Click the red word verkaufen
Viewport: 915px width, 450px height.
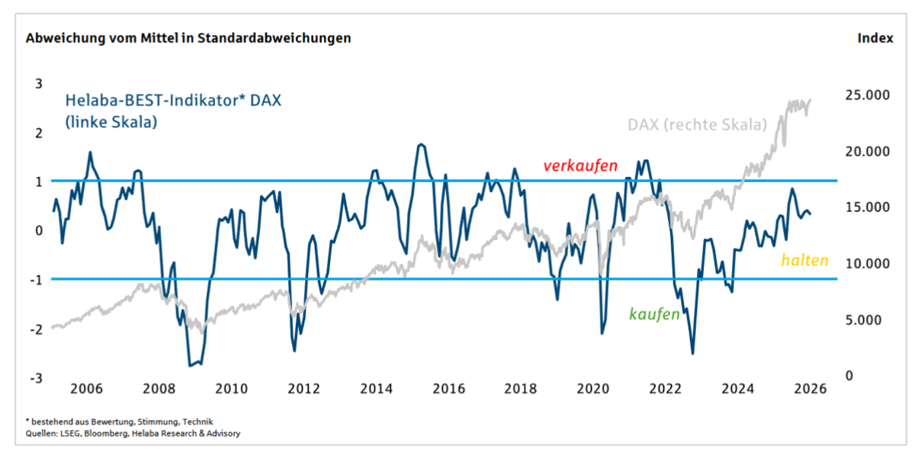click(x=579, y=166)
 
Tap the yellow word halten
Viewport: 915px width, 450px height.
click(x=804, y=260)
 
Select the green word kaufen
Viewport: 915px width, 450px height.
click(x=653, y=313)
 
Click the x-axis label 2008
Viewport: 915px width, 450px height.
click(x=159, y=388)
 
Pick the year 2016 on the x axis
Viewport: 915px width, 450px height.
click(x=448, y=388)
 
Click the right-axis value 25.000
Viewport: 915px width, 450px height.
click(x=868, y=95)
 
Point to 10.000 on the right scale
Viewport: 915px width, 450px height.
click(x=868, y=263)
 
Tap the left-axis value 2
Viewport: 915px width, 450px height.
click(x=39, y=133)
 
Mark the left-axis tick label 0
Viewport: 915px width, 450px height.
click(x=39, y=230)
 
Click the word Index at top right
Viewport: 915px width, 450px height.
click(x=875, y=37)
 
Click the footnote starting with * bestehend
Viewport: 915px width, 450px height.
click(x=119, y=421)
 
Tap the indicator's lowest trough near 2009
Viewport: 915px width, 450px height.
click(x=190, y=365)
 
